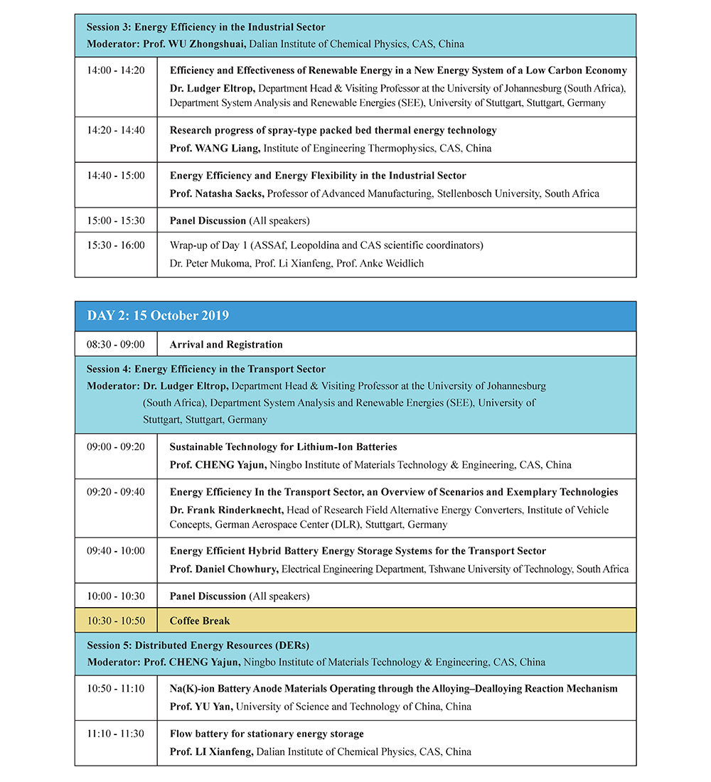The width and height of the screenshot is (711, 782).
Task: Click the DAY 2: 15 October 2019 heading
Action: [158, 316]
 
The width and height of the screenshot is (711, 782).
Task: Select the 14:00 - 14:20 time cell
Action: [116, 70]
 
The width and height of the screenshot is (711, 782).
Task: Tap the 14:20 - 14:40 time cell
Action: [116, 130]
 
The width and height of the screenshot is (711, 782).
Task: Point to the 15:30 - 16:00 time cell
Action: [116, 245]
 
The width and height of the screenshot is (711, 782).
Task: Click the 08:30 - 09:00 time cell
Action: [116, 344]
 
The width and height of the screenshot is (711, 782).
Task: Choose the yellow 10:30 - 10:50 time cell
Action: [116, 621]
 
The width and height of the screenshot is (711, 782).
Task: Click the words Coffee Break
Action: [200, 621]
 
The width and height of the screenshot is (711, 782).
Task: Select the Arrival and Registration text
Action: [226, 344]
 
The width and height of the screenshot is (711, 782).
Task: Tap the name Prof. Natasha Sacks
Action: [217, 193]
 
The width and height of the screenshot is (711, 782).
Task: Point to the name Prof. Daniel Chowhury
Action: [225, 569]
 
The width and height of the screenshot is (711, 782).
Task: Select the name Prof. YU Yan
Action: [202, 707]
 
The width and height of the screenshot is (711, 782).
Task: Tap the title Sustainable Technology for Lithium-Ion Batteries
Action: [283, 447]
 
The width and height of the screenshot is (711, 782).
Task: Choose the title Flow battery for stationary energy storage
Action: [267, 734]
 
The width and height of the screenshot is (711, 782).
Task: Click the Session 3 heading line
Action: [206, 27]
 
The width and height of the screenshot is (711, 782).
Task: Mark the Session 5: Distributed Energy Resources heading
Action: [198, 646]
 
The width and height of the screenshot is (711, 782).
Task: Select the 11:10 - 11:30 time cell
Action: [116, 734]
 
